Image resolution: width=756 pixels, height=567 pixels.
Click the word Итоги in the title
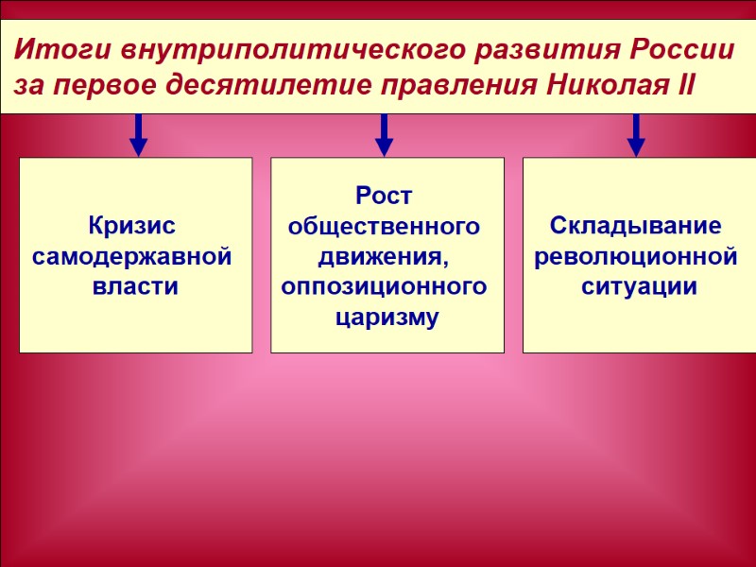click(x=57, y=49)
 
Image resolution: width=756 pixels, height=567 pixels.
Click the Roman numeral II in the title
click(x=684, y=87)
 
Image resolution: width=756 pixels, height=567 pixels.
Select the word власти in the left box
click(x=135, y=286)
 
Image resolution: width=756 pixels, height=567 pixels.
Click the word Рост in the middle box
click(x=385, y=197)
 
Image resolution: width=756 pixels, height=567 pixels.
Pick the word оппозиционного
click(x=385, y=286)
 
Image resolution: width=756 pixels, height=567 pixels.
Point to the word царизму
click(x=387, y=317)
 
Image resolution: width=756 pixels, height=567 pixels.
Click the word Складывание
click(x=636, y=227)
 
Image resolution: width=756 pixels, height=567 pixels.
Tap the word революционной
click(x=636, y=257)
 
